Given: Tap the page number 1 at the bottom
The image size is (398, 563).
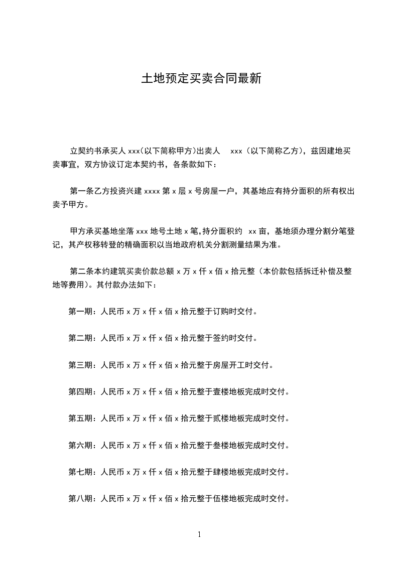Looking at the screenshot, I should (199, 534).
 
